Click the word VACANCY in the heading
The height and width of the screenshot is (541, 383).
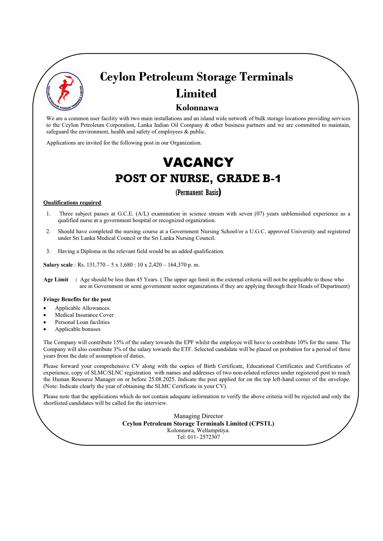[x=198, y=162]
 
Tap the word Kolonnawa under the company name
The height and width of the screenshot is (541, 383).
[x=197, y=108]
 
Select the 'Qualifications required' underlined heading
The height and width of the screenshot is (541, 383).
[x=72, y=203]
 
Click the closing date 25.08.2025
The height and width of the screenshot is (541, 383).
[x=162, y=379]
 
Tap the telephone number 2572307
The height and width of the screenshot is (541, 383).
[x=210, y=437]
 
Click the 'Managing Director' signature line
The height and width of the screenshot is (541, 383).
[x=198, y=416]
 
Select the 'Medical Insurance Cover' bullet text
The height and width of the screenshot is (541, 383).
[x=84, y=315]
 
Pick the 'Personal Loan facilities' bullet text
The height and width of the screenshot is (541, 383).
[x=82, y=322]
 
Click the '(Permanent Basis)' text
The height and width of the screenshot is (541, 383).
[x=198, y=192]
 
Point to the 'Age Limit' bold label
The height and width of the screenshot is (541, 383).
[x=56, y=280]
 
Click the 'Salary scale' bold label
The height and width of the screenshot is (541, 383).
[x=58, y=265]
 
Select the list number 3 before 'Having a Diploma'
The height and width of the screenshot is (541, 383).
[x=48, y=251]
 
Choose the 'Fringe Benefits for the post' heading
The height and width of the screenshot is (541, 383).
[x=77, y=299]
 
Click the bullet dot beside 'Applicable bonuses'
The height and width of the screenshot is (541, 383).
[x=45, y=329]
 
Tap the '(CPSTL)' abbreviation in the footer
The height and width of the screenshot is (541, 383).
[x=261, y=423]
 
